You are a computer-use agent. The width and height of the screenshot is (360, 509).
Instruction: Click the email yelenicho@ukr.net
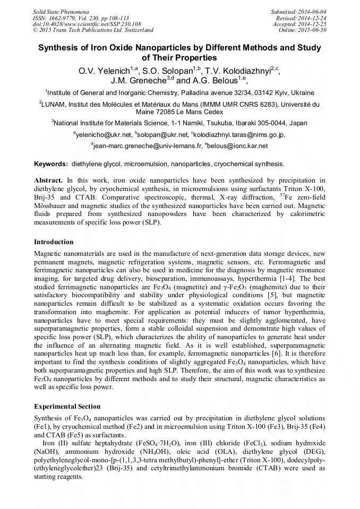(x=104, y=135)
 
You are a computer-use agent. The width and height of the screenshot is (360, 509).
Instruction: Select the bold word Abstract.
(x=48, y=180)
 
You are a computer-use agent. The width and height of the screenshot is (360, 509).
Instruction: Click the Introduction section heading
(x=54, y=242)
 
